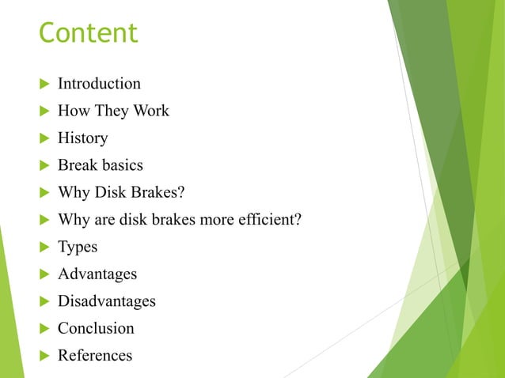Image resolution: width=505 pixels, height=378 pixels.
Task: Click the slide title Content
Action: click(88, 33)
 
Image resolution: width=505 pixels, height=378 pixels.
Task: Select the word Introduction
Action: click(99, 84)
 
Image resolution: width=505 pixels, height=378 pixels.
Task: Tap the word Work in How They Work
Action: click(150, 111)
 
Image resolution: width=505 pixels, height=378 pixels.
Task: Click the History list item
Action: click(82, 138)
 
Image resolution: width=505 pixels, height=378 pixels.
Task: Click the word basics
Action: click(123, 165)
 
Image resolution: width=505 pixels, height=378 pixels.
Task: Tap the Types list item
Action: click(78, 247)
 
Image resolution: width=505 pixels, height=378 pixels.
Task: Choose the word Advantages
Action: click(97, 274)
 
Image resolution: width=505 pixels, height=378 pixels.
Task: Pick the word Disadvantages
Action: click(106, 301)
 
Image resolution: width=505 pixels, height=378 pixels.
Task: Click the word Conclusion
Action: click(96, 328)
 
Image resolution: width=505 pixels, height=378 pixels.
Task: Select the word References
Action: click(95, 355)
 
